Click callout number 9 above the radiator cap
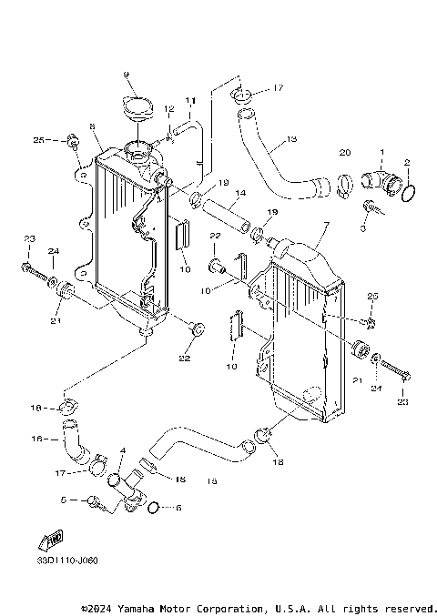tap(127, 73)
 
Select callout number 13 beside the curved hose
tap(290, 139)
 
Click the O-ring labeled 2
tap(411, 193)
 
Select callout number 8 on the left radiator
tap(92, 126)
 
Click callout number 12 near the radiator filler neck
tap(168, 109)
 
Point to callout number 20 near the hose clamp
tap(344, 152)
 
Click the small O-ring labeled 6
tap(154, 507)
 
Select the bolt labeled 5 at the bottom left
tap(94, 500)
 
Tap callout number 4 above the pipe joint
tap(122, 451)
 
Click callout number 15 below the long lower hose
tap(211, 480)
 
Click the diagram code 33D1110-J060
tap(68, 560)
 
